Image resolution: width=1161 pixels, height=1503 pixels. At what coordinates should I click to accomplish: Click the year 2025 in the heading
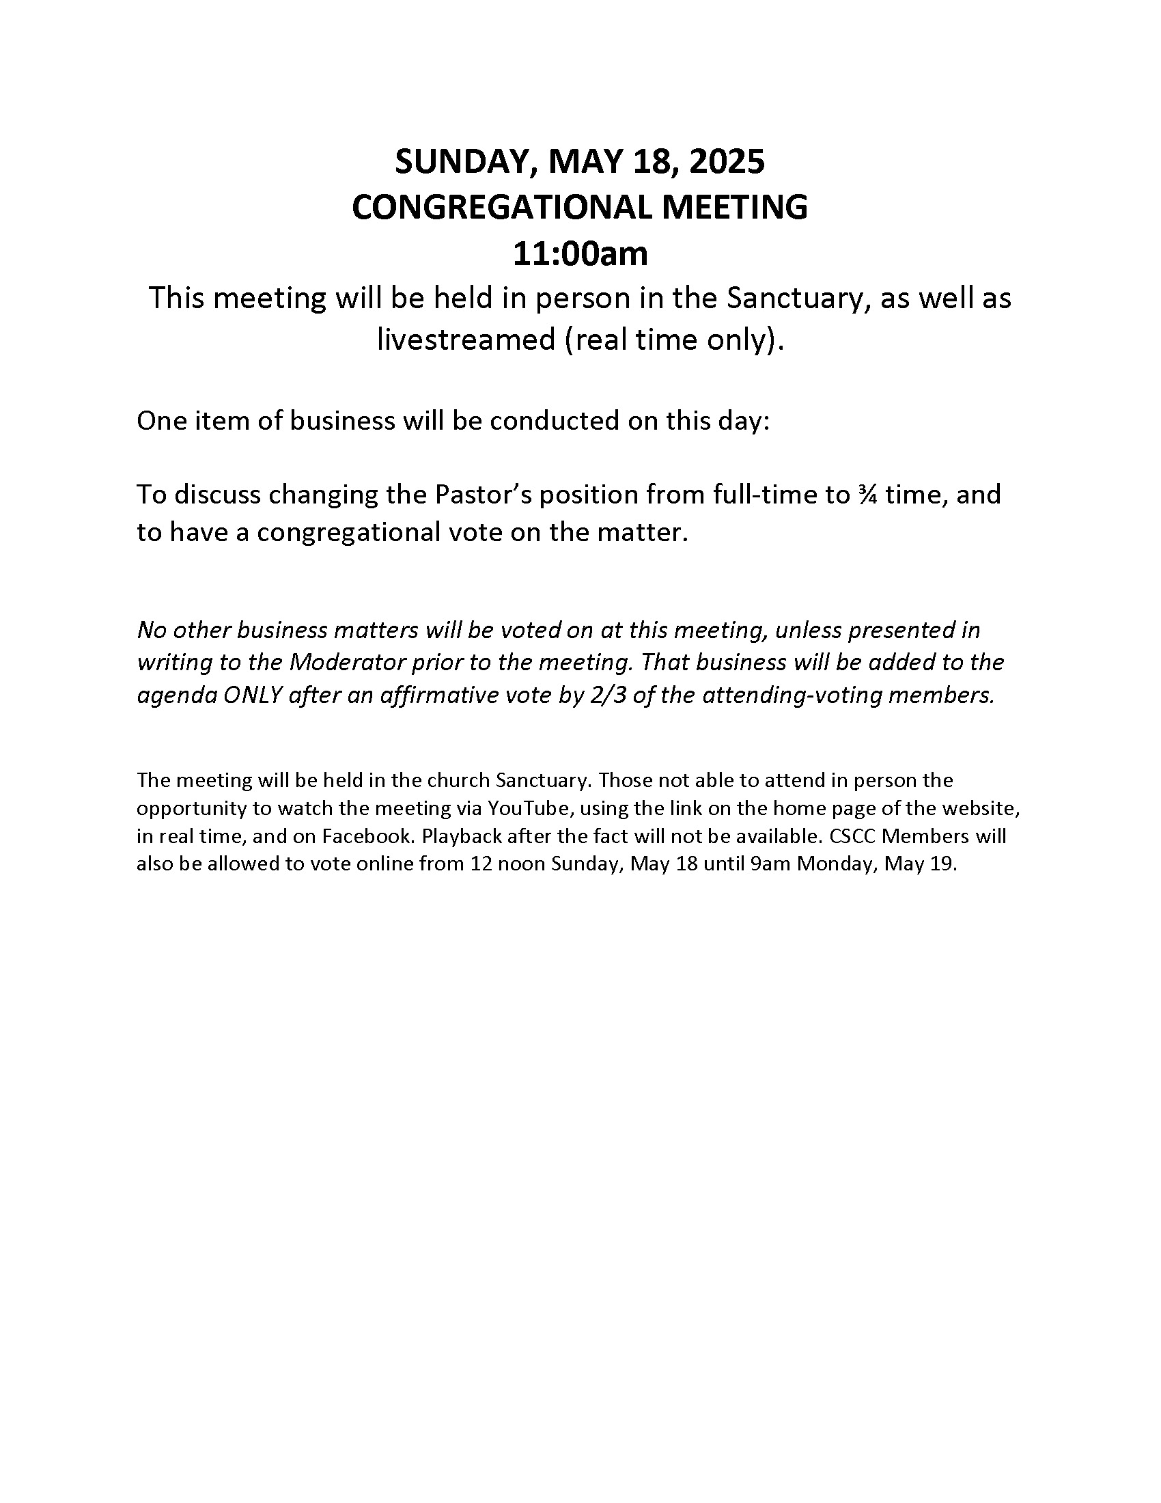(x=727, y=161)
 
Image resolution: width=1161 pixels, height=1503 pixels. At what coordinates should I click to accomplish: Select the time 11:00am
(x=580, y=253)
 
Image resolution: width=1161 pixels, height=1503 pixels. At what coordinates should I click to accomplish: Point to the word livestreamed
(x=466, y=339)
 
